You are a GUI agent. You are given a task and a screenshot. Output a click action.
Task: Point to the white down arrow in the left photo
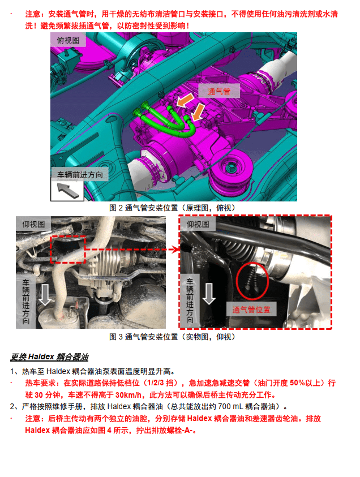click(45, 294)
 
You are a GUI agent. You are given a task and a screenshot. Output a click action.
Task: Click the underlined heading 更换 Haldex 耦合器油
click(49, 357)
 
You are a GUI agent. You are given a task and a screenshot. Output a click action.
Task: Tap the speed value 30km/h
click(128, 395)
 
